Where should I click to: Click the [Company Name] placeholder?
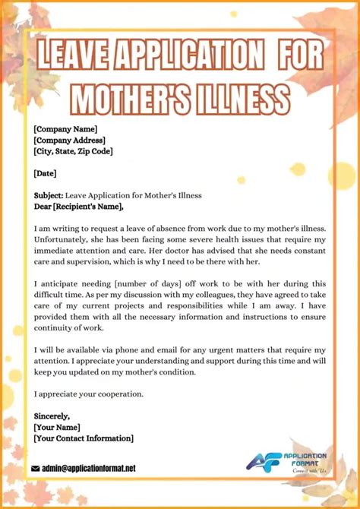(x=65, y=129)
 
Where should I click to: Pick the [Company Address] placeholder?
(x=69, y=140)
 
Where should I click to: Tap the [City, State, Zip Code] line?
(x=73, y=151)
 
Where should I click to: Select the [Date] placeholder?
(x=46, y=173)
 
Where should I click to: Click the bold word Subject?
(x=49, y=195)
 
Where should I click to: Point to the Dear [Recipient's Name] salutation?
(x=78, y=206)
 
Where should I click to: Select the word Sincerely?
(x=52, y=416)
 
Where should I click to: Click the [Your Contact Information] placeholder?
(x=84, y=438)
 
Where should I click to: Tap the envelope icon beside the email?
(x=35, y=469)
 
